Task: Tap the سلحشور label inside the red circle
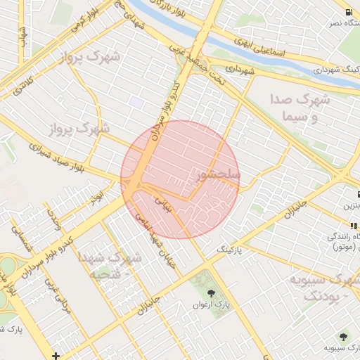(219, 173)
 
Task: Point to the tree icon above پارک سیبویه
(344, 337)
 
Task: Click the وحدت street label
(55, 220)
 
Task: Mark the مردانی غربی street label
(51, 292)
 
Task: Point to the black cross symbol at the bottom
(56, 355)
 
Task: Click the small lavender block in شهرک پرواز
(136, 103)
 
